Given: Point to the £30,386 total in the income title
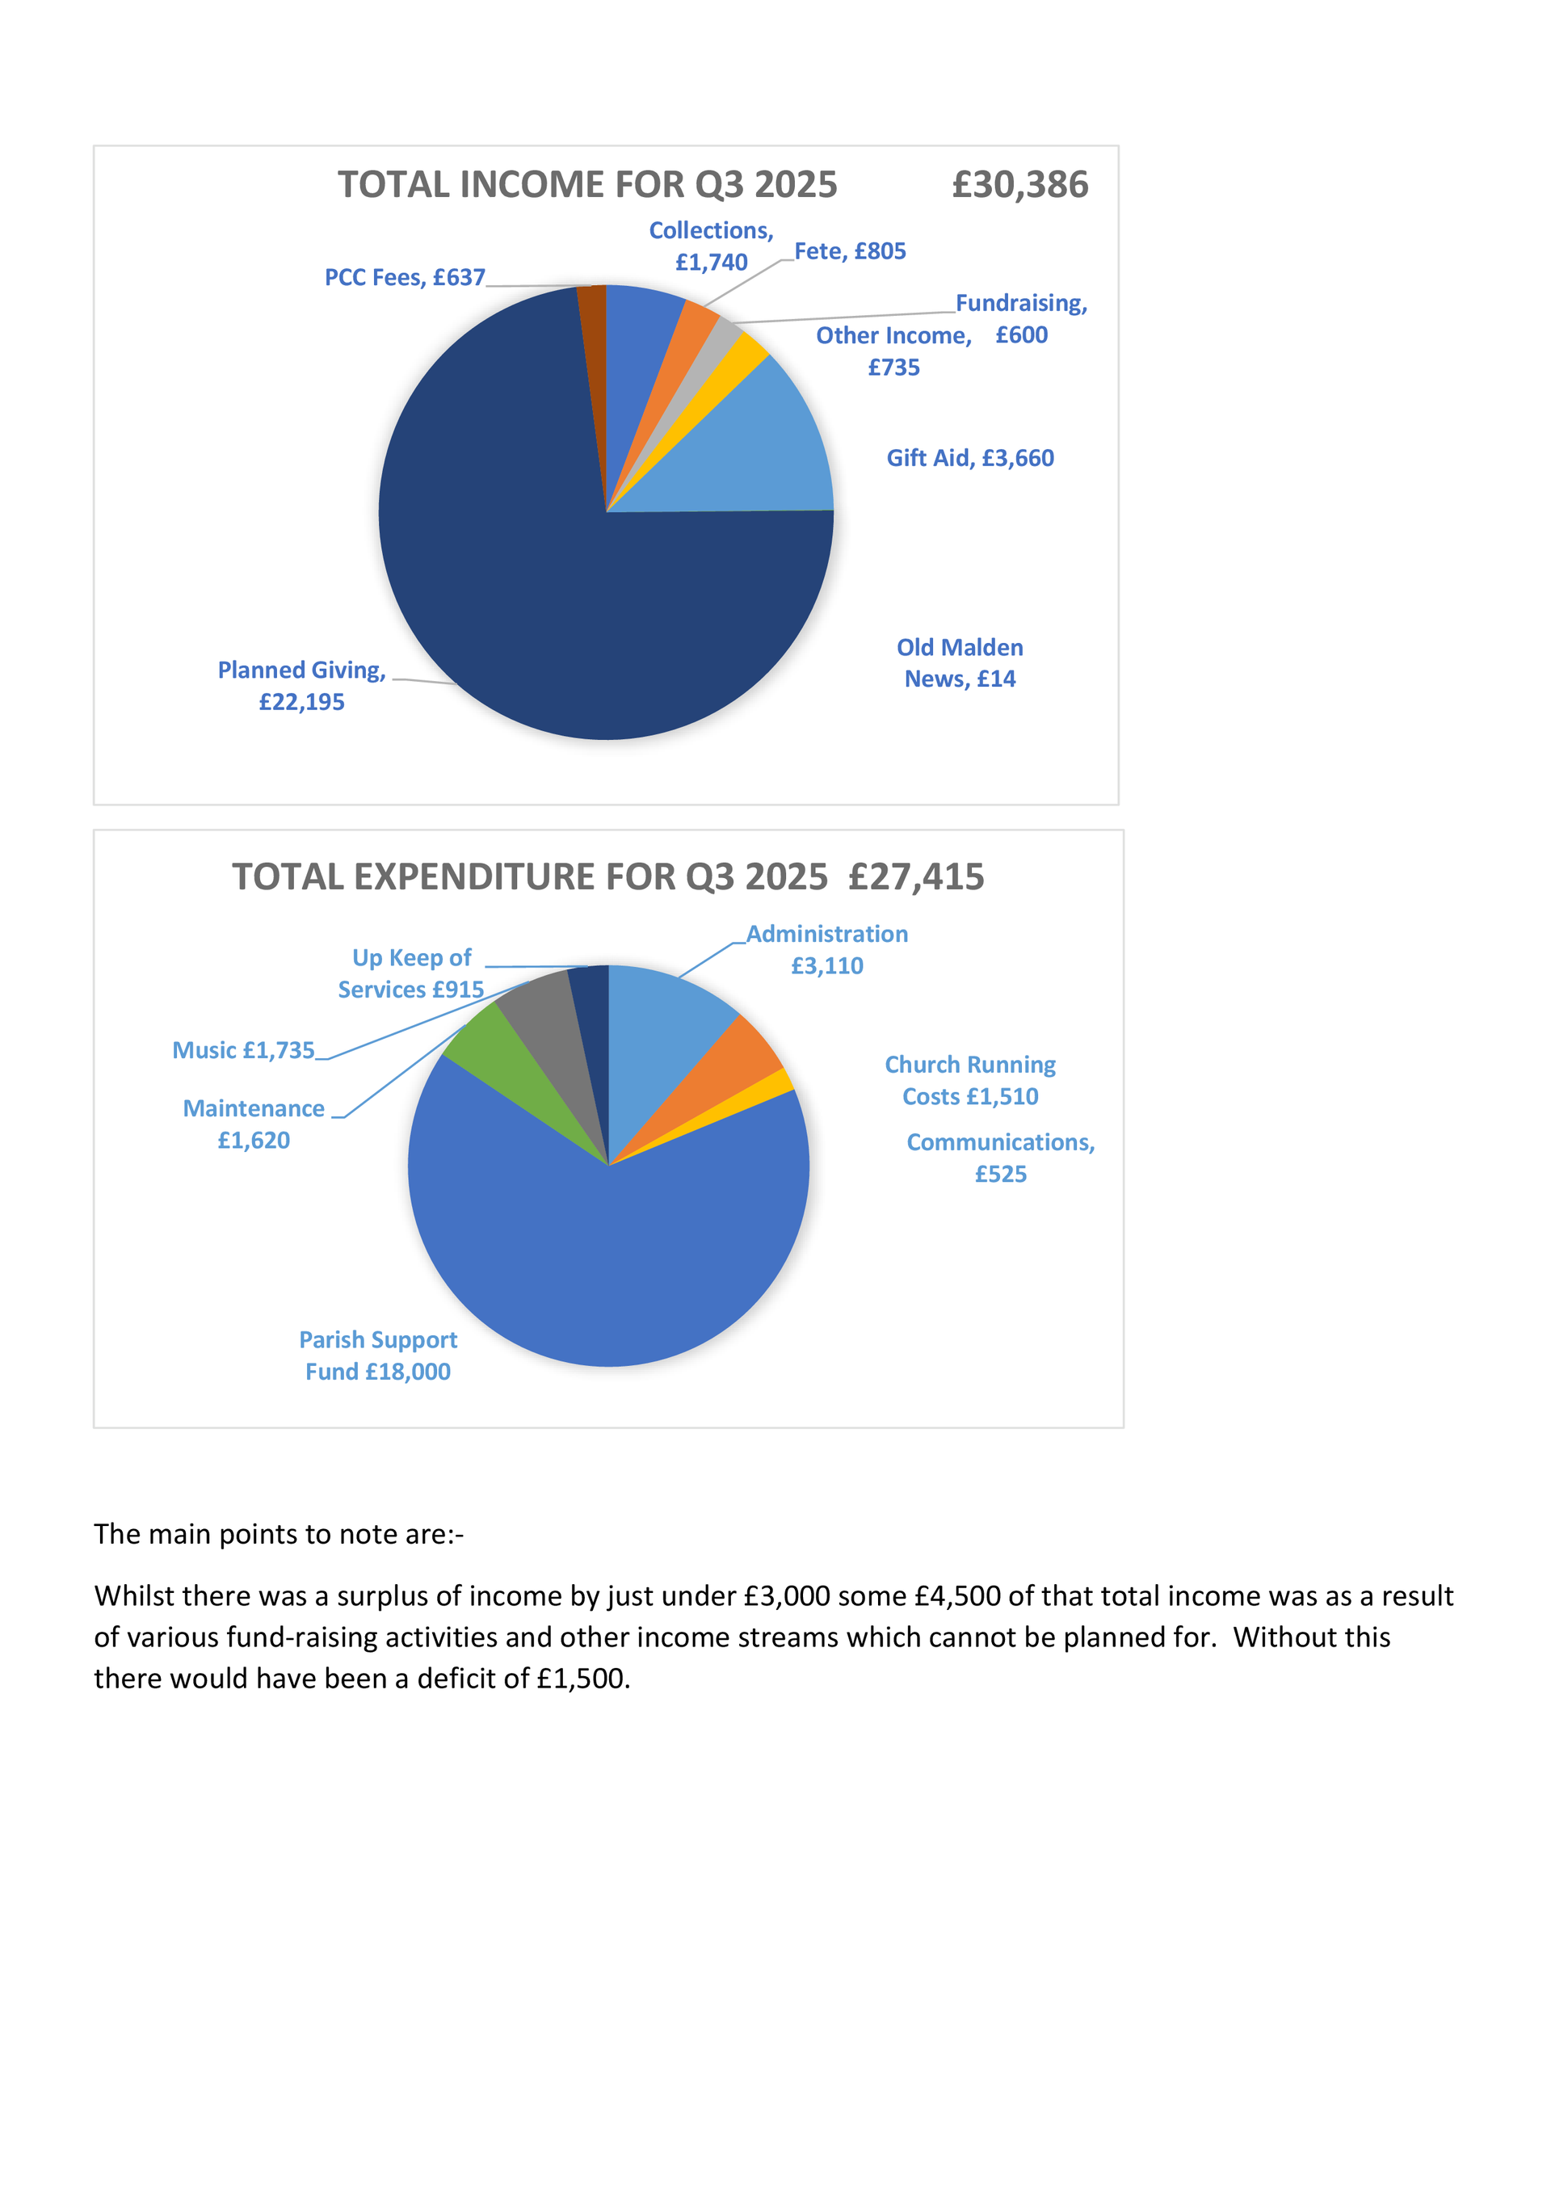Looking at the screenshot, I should [x=1019, y=184].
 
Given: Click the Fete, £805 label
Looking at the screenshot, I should [x=850, y=251].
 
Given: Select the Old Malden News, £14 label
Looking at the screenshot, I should [x=960, y=663].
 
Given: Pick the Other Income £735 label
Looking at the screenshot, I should [x=893, y=351].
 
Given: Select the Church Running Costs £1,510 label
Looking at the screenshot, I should [x=970, y=1080].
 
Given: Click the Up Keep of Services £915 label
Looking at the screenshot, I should [x=411, y=973].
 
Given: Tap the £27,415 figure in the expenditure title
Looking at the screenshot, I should [x=915, y=877].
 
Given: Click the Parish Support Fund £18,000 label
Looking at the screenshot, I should [x=378, y=1355].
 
